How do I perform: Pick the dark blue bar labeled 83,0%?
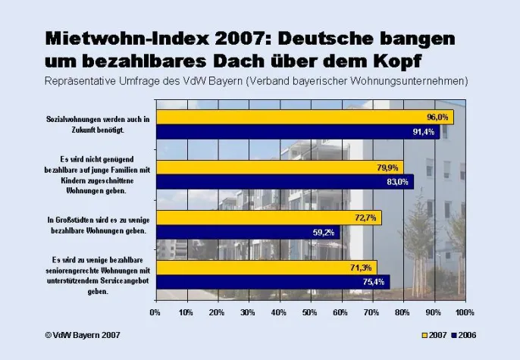click(x=284, y=182)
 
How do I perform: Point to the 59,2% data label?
click(x=324, y=233)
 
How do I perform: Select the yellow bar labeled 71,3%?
click(x=265, y=268)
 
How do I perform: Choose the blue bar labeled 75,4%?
click(x=272, y=282)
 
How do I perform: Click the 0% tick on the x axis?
click(x=155, y=311)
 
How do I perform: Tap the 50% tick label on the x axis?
click(x=310, y=311)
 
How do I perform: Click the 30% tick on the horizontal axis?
click(x=248, y=311)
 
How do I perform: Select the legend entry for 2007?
click(x=434, y=334)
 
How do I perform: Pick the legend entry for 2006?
click(x=463, y=334)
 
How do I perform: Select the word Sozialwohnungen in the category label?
click(x=70, y=120)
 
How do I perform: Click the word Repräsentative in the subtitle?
click(x=84, y=79)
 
